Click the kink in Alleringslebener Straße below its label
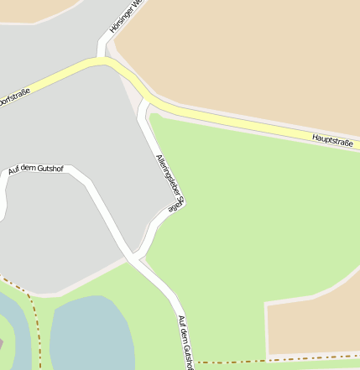tap(156, 227)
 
